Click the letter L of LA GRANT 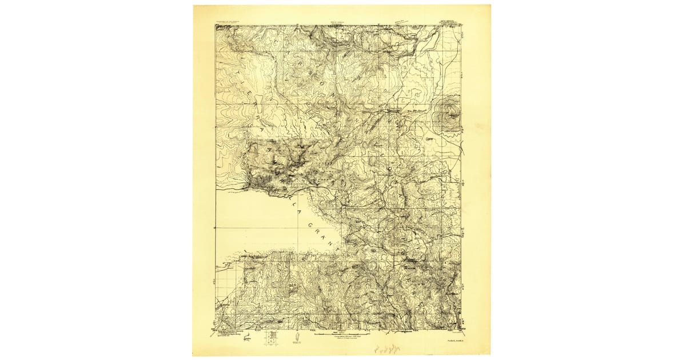click(293, 201)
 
